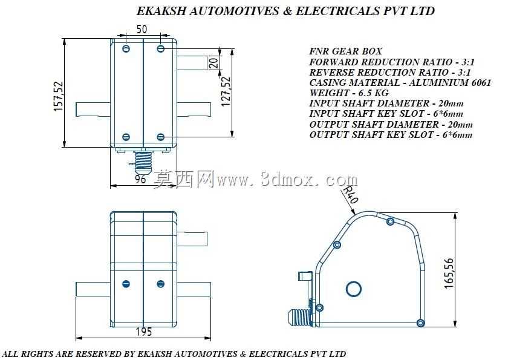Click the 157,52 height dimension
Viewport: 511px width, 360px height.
pyautogui.click(x=58, y=97)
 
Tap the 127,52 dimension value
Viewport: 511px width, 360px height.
pyautogui.click(x=226, y=91)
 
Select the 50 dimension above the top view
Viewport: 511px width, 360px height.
pyautogui.click(x=142, y=30)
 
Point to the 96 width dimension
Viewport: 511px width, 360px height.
pyautogui.click(x=140, y=178)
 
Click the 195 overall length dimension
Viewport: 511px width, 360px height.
pyautogui.click(x=144, y=332)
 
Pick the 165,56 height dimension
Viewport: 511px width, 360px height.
pyautogui.click(x=449, y=273)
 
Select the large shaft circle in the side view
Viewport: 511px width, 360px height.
pyautogui.click(x=353, y=289)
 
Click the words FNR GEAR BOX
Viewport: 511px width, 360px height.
pyautogui.click(x=345, y=51)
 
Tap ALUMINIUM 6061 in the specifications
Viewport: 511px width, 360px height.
pyautogui.click(x=450, y=82)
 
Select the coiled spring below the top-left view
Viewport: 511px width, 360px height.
pyautogui.click(x=143, y=161)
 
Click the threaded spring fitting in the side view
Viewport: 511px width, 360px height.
pyautogui.click(x=300, y=317)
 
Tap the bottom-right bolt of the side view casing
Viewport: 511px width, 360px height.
pyautogui.click(x=421, y=323)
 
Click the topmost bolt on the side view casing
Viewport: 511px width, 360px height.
pyautogui.click(x=391, y=221)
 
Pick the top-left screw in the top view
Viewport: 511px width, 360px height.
pyautogui.click(x=126, y=49)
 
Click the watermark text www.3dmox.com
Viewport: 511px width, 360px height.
pyautogui.click(x=287, y=179)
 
